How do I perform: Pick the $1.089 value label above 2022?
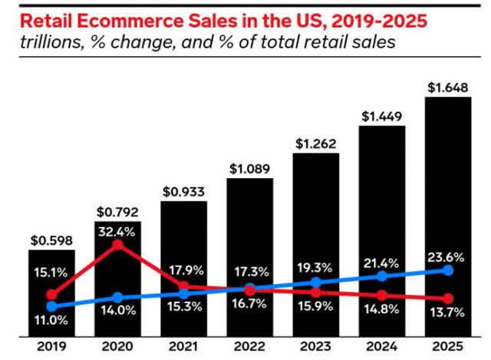[249, 167]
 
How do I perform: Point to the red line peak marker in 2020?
[117, 246]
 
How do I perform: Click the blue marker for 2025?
[449, 270]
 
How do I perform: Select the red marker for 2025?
[449, 299]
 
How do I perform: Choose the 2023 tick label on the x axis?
[315, 346]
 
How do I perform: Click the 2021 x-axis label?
[183, 346]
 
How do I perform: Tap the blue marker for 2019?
[51, 305]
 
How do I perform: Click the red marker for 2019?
[51, 294]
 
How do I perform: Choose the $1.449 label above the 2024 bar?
[382, 117]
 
